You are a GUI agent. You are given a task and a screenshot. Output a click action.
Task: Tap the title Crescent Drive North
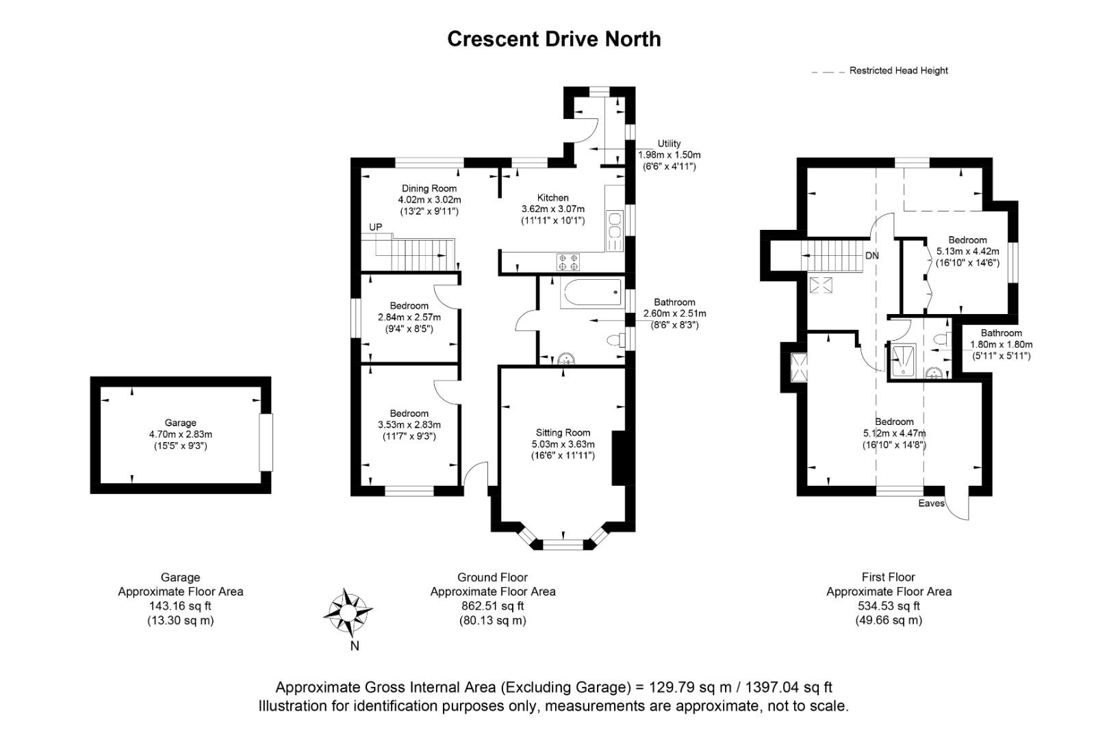(554, 39)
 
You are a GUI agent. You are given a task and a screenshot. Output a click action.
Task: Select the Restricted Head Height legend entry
(897, 70)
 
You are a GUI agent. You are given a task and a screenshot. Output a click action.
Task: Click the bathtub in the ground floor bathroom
(591, 294)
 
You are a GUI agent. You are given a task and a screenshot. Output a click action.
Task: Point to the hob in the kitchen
(568, 261)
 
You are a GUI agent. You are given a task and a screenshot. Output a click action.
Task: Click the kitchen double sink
(614, 231)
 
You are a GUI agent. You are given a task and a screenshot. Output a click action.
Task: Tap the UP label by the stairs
(375, 227)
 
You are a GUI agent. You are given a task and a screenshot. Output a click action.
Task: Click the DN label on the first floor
(871, 256)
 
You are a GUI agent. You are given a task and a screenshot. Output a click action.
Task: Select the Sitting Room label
(563, 432)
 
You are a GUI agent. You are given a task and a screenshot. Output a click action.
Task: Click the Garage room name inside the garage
(180, 423)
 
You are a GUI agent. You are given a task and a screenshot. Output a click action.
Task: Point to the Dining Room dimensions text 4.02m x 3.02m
(429, 200)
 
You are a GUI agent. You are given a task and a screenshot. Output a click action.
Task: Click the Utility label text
(669, 144)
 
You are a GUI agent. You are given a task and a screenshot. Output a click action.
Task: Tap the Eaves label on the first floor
(931, 503)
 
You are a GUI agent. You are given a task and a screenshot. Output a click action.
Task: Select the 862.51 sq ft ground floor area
(492, 606)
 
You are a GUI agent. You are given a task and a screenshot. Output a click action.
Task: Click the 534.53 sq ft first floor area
(889, 606)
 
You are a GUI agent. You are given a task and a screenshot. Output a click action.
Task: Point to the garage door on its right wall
(266, 442)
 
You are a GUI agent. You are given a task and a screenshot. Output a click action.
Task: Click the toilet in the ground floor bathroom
(616, 340)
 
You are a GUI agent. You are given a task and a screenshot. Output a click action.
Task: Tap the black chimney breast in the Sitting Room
(619, 458)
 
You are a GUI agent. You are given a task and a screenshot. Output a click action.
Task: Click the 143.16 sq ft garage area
(180, 606)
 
